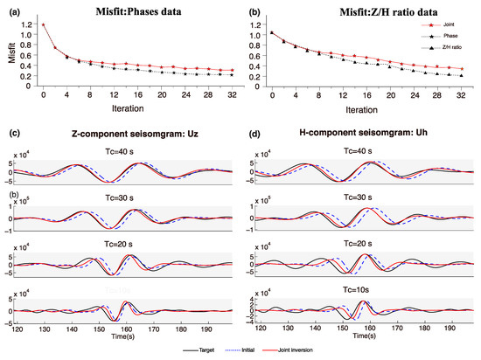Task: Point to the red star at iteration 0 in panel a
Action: (x=43, y=24)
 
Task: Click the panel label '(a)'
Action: (x=15, y=8)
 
